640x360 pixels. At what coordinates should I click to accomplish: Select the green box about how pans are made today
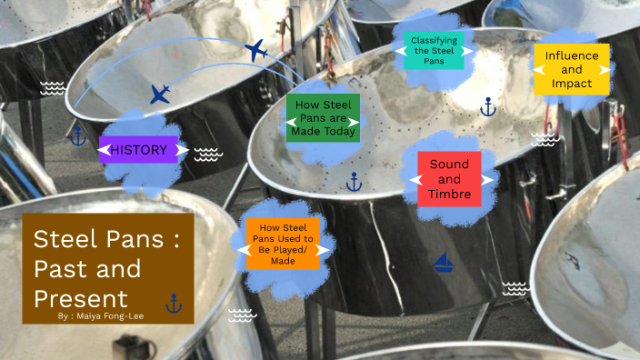pos(323,118)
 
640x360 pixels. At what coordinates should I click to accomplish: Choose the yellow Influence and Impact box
pos(571,69)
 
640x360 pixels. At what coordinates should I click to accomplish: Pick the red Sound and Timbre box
pos(449,179)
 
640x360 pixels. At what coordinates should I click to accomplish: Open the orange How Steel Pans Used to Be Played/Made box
pos(283,245)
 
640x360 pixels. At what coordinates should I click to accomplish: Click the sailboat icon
pos(444,263)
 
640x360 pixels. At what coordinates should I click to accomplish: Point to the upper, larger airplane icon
pos(256,51)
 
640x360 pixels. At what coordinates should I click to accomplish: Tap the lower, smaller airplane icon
pos(160,94)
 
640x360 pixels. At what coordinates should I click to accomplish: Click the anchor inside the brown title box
pos(174,303)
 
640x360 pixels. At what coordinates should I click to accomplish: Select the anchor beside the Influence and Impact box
pos(487,107)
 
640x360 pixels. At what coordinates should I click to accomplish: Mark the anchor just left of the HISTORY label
pos(78,136)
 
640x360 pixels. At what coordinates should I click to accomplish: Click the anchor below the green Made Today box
pos(355,182)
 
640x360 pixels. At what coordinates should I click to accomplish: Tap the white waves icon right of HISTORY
pos(208,154)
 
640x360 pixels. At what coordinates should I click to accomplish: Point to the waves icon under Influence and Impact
pos(544,138)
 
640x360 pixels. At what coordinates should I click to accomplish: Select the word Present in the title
pos(81,297)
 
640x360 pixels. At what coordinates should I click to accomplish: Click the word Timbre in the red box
pos(449,194)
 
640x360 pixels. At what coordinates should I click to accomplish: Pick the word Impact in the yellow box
pos(571,84)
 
